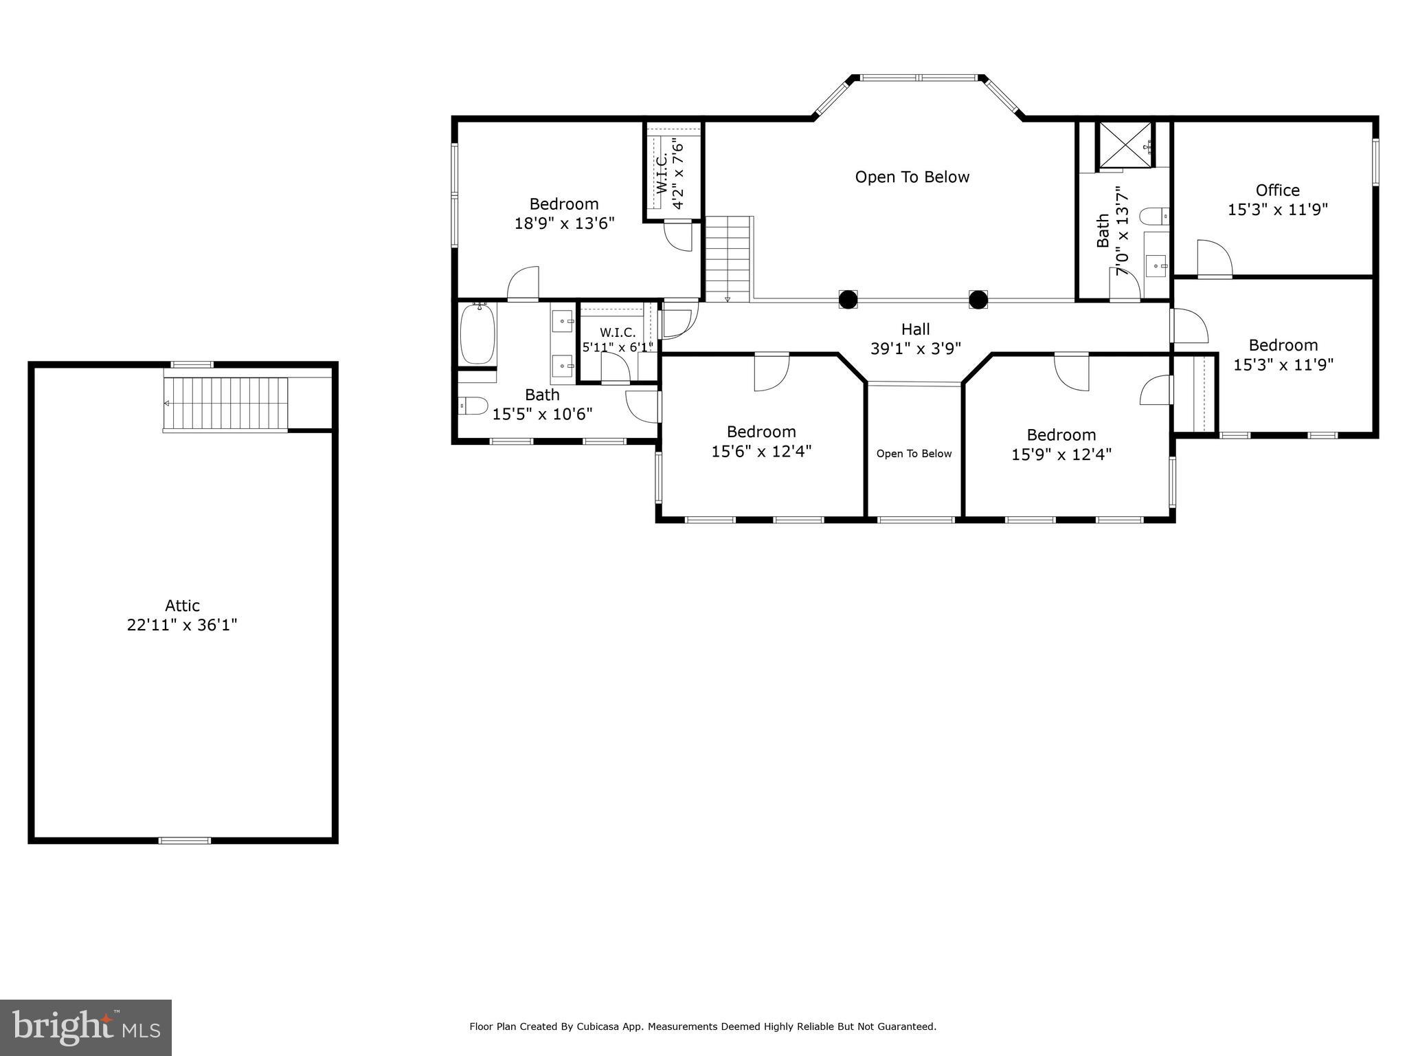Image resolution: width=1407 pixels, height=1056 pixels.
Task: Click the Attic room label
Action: (182, 606)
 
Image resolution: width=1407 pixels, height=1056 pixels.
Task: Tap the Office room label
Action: (1277, 190)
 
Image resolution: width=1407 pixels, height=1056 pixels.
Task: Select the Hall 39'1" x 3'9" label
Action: (915, 339)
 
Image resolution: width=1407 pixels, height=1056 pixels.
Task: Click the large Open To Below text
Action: (912, 177)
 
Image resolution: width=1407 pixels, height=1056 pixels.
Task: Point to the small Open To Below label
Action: (914, 454)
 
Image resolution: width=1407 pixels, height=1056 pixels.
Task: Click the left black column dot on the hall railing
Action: (848, 300)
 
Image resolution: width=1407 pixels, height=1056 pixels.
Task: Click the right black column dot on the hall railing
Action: (978, 300)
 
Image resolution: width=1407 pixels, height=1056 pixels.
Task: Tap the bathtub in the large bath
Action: (477, 334)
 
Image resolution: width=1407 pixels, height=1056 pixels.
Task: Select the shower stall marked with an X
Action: (1125, 144)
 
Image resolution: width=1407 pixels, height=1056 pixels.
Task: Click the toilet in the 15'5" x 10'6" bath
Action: (473, 406)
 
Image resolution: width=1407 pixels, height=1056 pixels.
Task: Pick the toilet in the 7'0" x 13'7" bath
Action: (1154, 217)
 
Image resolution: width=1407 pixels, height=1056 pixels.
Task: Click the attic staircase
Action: (225, 404)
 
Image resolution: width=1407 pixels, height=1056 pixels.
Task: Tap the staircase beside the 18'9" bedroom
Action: (728, 258)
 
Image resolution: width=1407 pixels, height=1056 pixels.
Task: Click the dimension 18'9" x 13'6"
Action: (564, 223)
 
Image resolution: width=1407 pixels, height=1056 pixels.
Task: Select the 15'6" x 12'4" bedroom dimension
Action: (761, 452)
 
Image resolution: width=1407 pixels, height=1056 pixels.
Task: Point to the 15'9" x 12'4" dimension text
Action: (1061, 454)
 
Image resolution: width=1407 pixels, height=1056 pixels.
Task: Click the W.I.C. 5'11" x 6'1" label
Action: (617, 340)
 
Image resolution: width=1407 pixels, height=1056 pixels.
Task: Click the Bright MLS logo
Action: (86, 1027)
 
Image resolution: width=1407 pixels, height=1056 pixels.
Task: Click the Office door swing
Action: (1213, 259)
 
